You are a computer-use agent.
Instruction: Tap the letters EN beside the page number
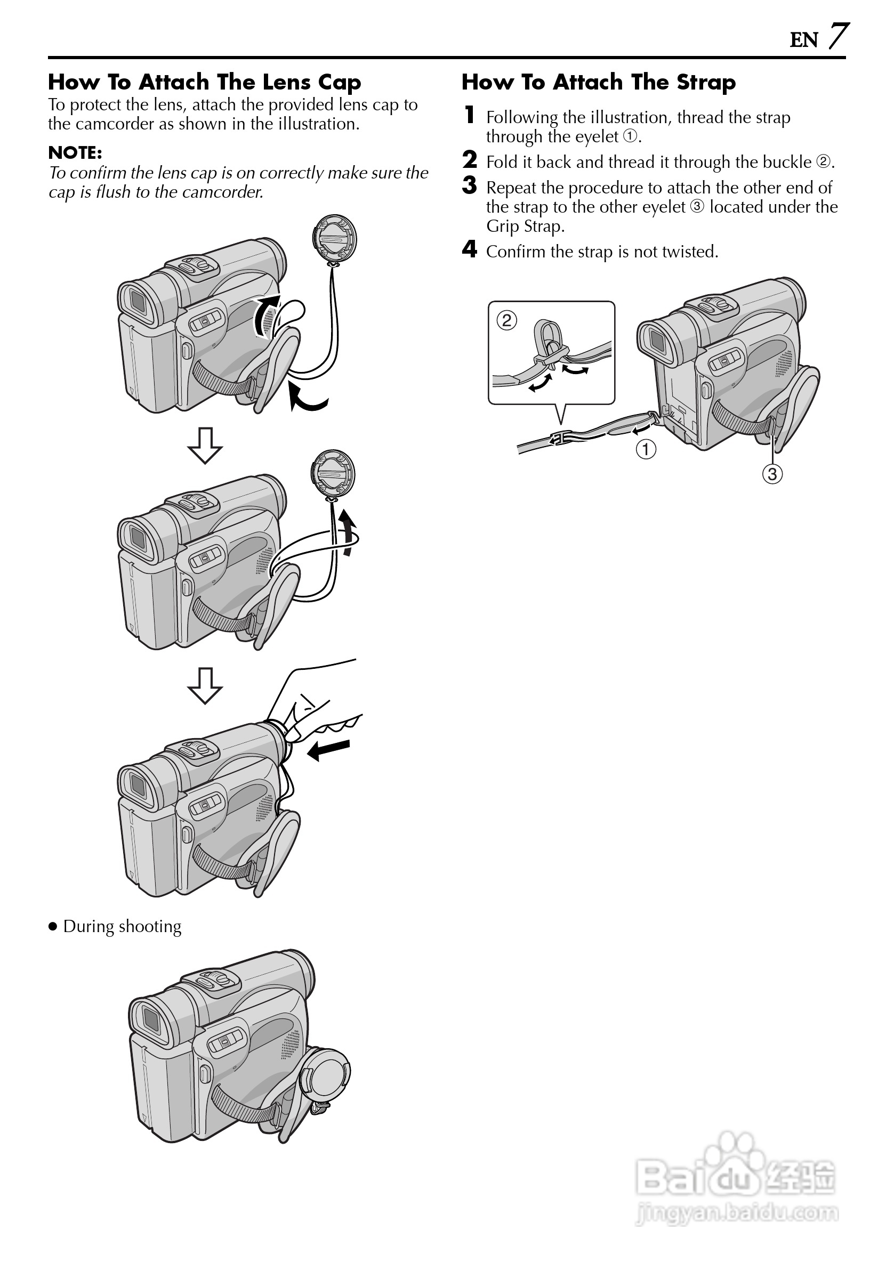tap(804, 40)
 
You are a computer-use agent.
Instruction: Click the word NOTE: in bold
tap(75, 152)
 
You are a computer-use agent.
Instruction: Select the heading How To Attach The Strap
tap(598, 82)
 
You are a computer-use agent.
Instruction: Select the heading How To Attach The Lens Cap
tap(204, 82)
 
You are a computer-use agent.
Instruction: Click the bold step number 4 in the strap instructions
tap(469, 249)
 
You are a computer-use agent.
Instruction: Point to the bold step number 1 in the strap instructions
tap(469, 115)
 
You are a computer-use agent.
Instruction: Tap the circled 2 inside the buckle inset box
tap(506, 320)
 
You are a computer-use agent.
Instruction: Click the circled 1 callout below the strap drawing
tap(646, 449)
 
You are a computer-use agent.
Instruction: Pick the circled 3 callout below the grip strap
tap(772, 474)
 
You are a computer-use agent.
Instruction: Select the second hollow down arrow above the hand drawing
tap(205, 686)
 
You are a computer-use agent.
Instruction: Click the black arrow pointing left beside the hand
tap(328, 750)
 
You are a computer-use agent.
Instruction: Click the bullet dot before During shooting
tap(53, 927)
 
